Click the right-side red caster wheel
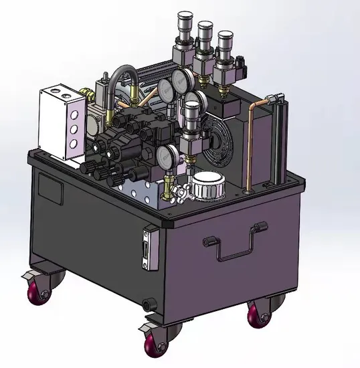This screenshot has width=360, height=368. (x=257, y=314)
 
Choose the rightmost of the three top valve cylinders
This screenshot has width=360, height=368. (x=226, y=44)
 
